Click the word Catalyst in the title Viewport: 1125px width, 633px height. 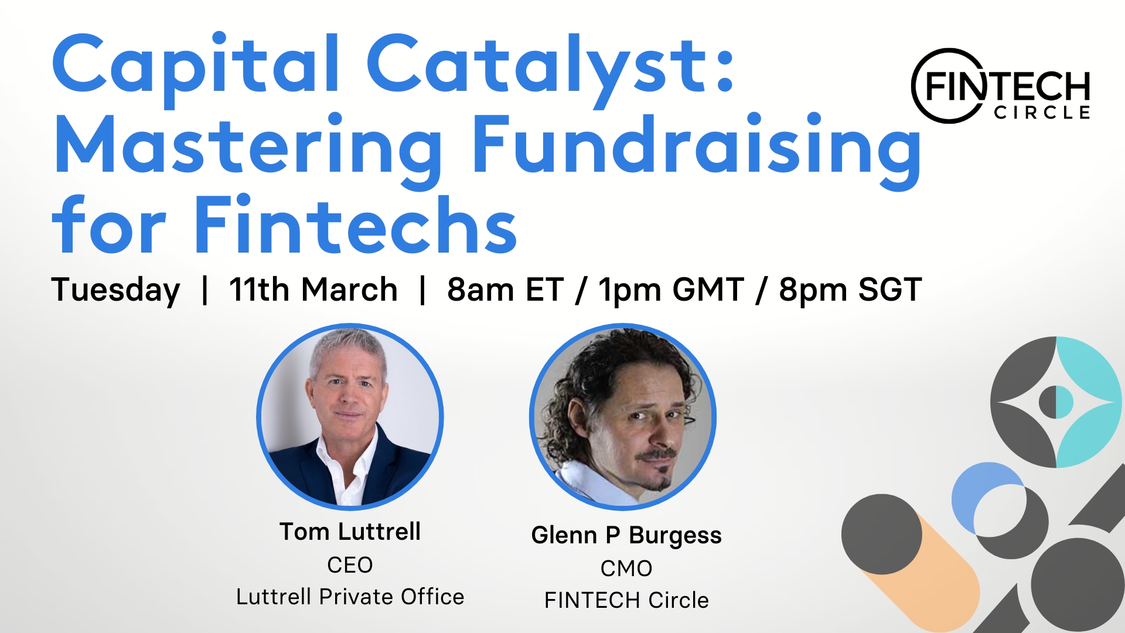(551, 69)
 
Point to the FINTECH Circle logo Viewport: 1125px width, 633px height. (1001, 86)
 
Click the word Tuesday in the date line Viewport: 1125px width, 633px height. (115, 290)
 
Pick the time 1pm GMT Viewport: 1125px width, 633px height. (671, 290)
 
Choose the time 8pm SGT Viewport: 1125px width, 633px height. (850, 290)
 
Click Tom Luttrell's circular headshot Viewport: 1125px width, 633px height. (350, 417)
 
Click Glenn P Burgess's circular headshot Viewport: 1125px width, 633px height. (623, 417)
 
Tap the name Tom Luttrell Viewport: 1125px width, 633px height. (350, 532)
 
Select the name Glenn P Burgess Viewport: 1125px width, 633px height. (626, 536)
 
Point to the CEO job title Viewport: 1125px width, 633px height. (350, 565)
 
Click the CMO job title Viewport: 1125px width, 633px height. (626, 569)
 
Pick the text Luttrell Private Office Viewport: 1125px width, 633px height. (350, 597)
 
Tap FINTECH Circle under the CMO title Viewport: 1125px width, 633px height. (626, 600)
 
